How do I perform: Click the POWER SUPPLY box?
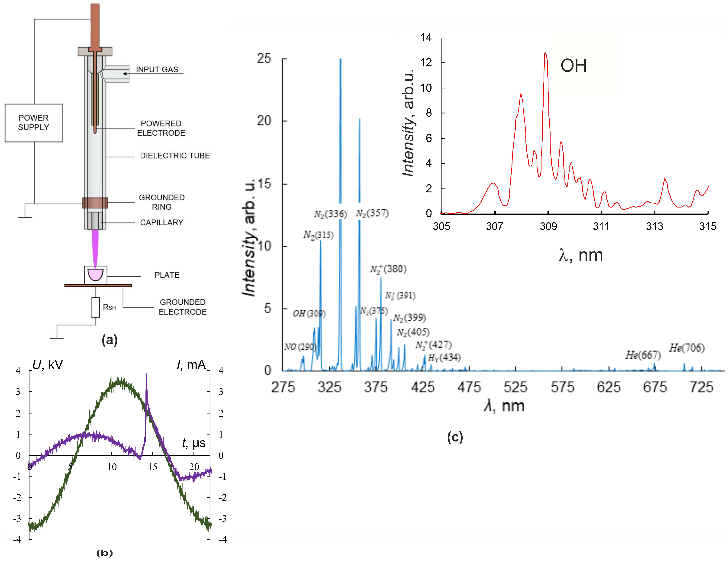[x=33, y=123]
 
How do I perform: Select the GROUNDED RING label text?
[x=162, y=202]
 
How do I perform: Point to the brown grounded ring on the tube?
[x=95, y=202]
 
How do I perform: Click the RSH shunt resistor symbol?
[x=96, y=307]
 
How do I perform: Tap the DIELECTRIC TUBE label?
[x=175, y=156]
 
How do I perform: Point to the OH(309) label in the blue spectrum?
[x=309, y=314]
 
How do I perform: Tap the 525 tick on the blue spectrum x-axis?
[x=515, y=387]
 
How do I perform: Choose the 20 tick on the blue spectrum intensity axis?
[x=264, y=121]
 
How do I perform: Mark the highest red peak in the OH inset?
[x=545, y=53]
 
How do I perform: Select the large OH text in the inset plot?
[x=573, y=66]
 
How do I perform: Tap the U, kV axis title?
[x=47, y=365]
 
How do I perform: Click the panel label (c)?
[x=455, y=437]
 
